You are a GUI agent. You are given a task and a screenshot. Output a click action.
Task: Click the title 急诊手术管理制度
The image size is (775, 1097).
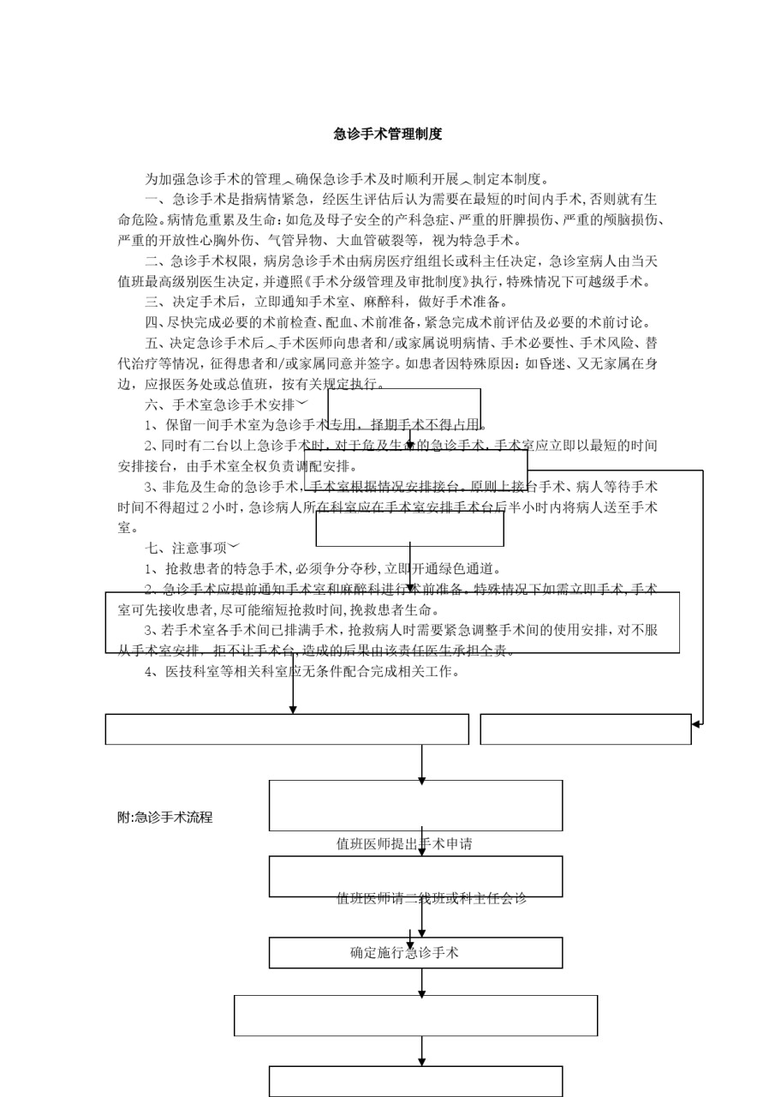point(388,135)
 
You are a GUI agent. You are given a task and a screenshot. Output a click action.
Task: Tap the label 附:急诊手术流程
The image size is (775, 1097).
point(164,818)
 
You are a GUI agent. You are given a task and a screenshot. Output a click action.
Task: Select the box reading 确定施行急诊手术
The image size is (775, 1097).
point(415,952)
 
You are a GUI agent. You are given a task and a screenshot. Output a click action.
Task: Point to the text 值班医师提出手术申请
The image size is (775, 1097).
point(404,844)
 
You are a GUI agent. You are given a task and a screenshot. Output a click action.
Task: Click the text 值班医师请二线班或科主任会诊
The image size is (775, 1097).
point(431,898)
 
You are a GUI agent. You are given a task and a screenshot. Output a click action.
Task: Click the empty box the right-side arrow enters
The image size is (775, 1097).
point(585,729)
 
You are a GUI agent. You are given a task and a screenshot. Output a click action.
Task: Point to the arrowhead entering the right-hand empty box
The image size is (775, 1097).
point(696,724)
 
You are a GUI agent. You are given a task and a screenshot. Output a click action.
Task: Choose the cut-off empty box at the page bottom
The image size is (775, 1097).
point(415,1082)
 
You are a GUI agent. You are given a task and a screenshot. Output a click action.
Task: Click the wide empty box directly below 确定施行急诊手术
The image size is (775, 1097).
point(415,1016)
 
